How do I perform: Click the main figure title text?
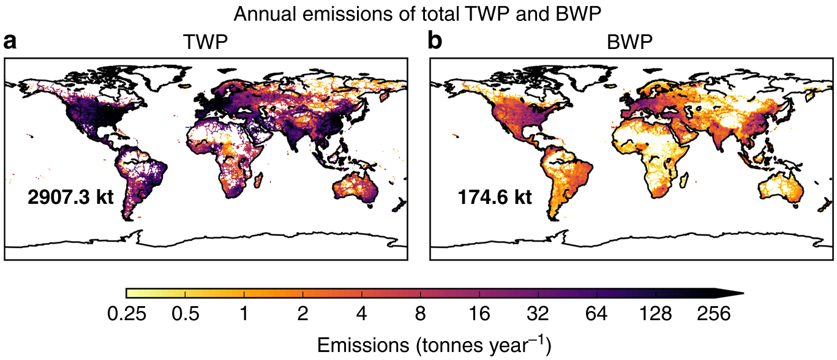click(x=418, y=14)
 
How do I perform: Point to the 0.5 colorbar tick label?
click(x=186, y=315)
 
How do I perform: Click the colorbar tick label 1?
click(x=244, y=315)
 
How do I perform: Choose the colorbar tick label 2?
click(x=302, y=315)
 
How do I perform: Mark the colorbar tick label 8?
click(x=420, y=315)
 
